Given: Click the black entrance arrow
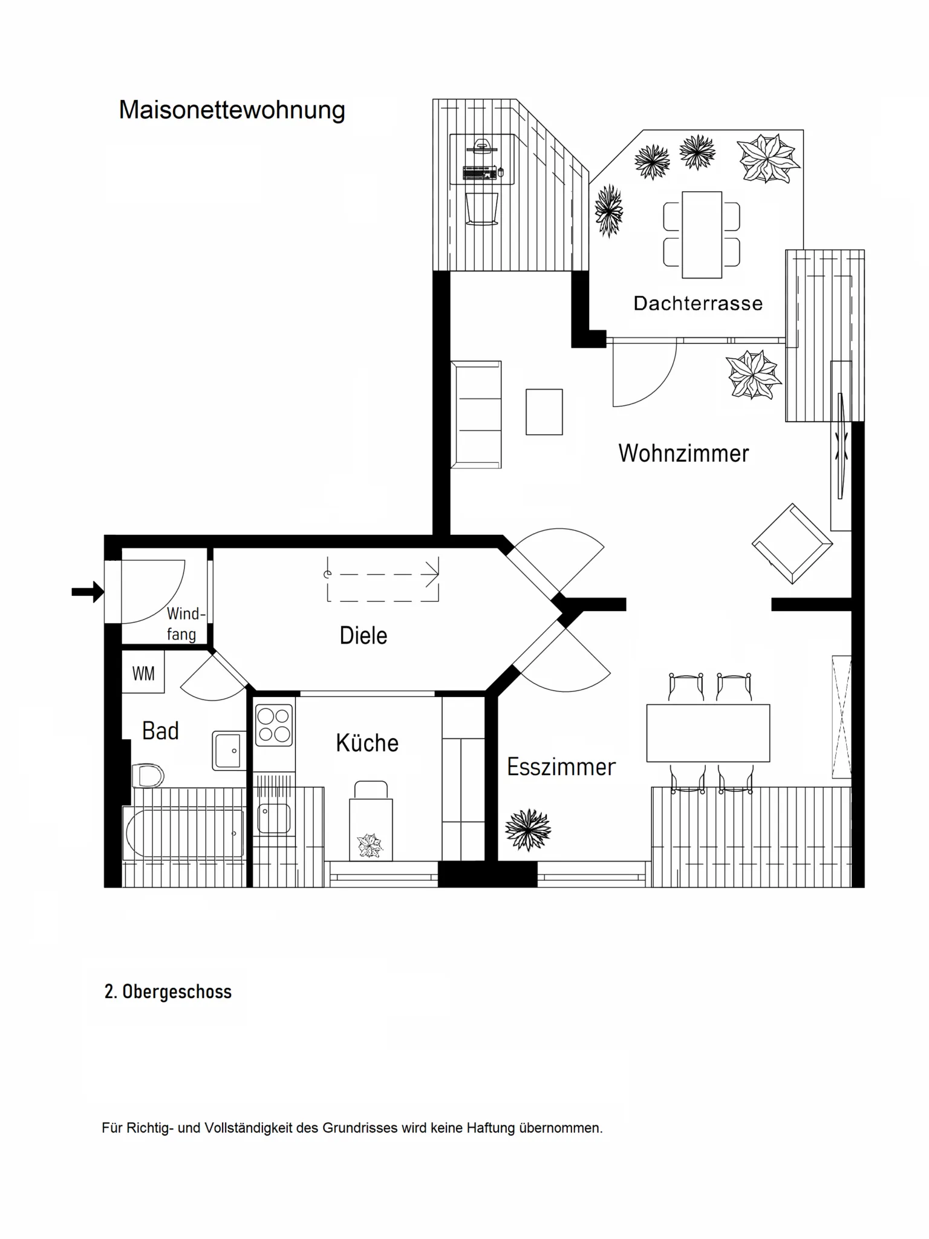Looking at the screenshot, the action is coord(88,592).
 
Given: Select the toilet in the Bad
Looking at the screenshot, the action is coord(147,776).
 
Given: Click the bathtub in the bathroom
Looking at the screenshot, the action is coord(183,832).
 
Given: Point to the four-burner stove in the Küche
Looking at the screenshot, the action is coord(274,725).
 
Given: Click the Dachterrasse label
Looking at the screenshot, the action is coord(698,303).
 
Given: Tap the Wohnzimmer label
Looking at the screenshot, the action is coord(683,453).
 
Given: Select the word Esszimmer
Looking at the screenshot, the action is coord(561,767).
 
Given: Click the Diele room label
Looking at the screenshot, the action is coord(363,635).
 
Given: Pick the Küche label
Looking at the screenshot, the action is coord(367,743).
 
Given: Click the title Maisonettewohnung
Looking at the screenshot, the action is coord(232,110).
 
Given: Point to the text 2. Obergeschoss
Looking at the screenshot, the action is coord(168,992).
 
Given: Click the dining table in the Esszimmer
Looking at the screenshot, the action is coord(708,733).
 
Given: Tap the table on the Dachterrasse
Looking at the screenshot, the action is coord(702,235).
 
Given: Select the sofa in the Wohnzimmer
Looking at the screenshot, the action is coord(477,414).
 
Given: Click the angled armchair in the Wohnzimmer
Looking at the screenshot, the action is coord(792,543).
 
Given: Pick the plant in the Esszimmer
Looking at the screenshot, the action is coord(528,829).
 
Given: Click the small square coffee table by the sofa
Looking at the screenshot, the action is coord(544,412).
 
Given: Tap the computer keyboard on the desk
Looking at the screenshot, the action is coord(479,172).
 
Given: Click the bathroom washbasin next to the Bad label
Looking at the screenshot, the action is coord(229,751).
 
